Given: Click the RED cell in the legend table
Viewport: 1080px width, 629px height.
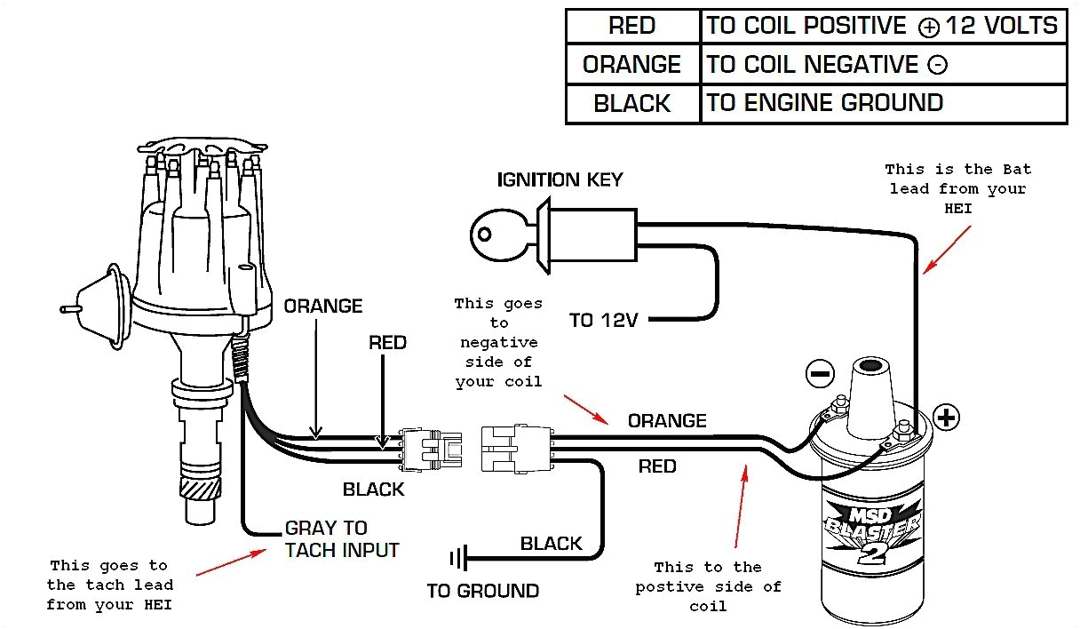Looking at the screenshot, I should (x=631, y=26).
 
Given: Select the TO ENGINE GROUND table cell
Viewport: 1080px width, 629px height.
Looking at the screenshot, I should (x=824, y=103).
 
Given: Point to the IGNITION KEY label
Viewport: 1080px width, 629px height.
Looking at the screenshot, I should (x=560, y=180).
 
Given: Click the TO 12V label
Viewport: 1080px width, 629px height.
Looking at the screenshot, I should (x=604, y=320).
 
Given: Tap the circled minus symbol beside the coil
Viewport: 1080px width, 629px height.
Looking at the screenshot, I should (x=819, y=373).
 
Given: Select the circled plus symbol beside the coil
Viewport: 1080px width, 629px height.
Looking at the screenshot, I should (x=947, y=417).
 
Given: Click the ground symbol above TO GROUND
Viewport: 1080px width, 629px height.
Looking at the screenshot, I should (x=458, y=559).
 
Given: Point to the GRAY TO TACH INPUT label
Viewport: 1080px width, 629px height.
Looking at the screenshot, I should (x=342, y=539).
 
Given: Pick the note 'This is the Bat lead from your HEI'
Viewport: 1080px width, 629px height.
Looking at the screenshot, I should (x=957, y=188).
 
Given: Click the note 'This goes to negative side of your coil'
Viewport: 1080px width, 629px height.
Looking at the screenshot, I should (x=497, y=342).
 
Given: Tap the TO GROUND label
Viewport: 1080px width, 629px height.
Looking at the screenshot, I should (x=482, y=591).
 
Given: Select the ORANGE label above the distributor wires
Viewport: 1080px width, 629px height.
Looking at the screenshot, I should (x=323, y=307).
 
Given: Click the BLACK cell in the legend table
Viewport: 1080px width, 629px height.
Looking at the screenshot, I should (x=631, y=104).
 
